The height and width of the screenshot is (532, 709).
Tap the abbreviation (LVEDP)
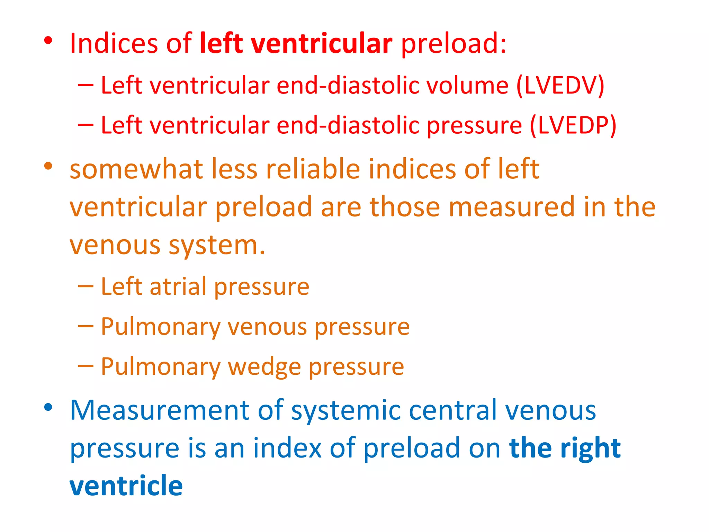573,125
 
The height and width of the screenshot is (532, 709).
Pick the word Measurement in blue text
159,410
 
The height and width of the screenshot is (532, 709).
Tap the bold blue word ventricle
126,486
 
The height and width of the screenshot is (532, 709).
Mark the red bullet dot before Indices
48,41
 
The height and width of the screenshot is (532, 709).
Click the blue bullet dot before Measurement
48,407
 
